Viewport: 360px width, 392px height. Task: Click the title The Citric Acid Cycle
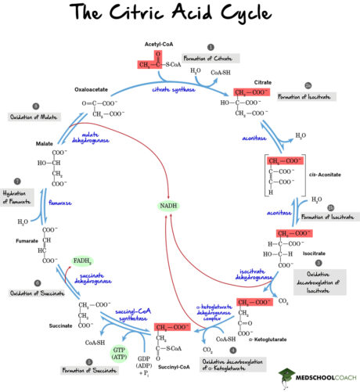click(x=180, y=15)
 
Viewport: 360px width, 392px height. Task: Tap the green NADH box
click(x=168, y=206)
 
